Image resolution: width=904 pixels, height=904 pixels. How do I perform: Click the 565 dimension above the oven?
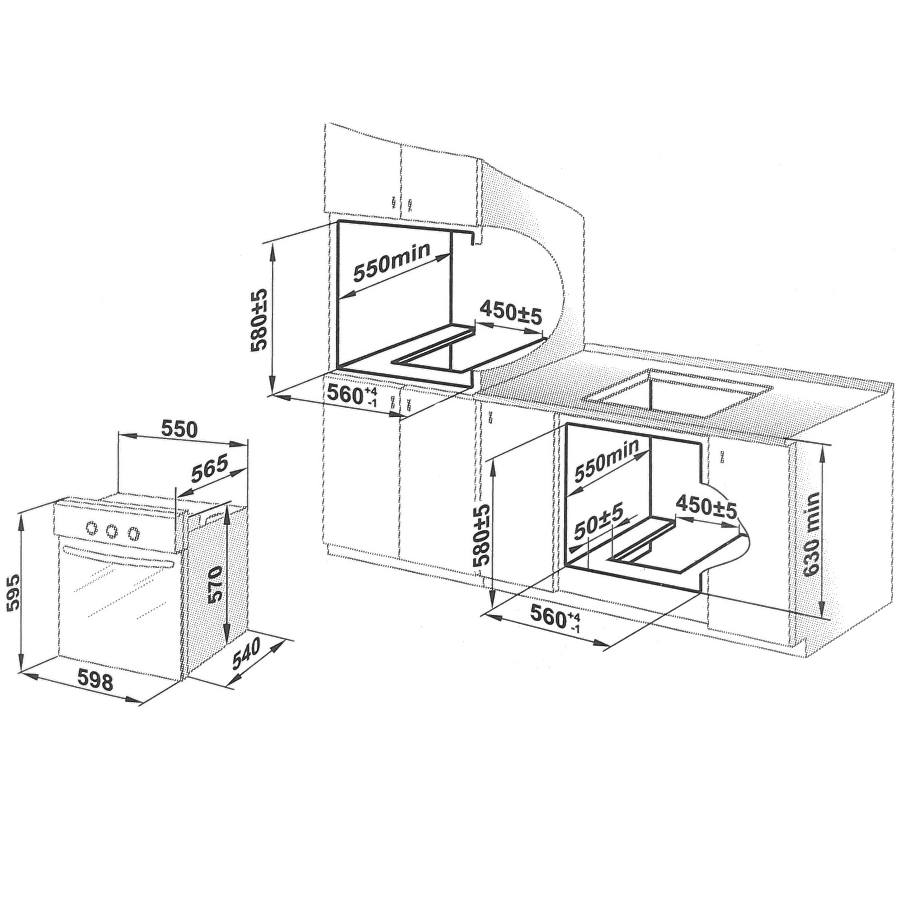(x=209, y=469)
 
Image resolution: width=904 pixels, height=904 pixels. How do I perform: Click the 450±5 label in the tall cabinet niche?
(x=510, y=314)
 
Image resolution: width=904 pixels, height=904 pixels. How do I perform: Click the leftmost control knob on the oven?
(x=92, y=527)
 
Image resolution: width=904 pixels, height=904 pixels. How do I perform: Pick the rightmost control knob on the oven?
(x=134, y=532)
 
